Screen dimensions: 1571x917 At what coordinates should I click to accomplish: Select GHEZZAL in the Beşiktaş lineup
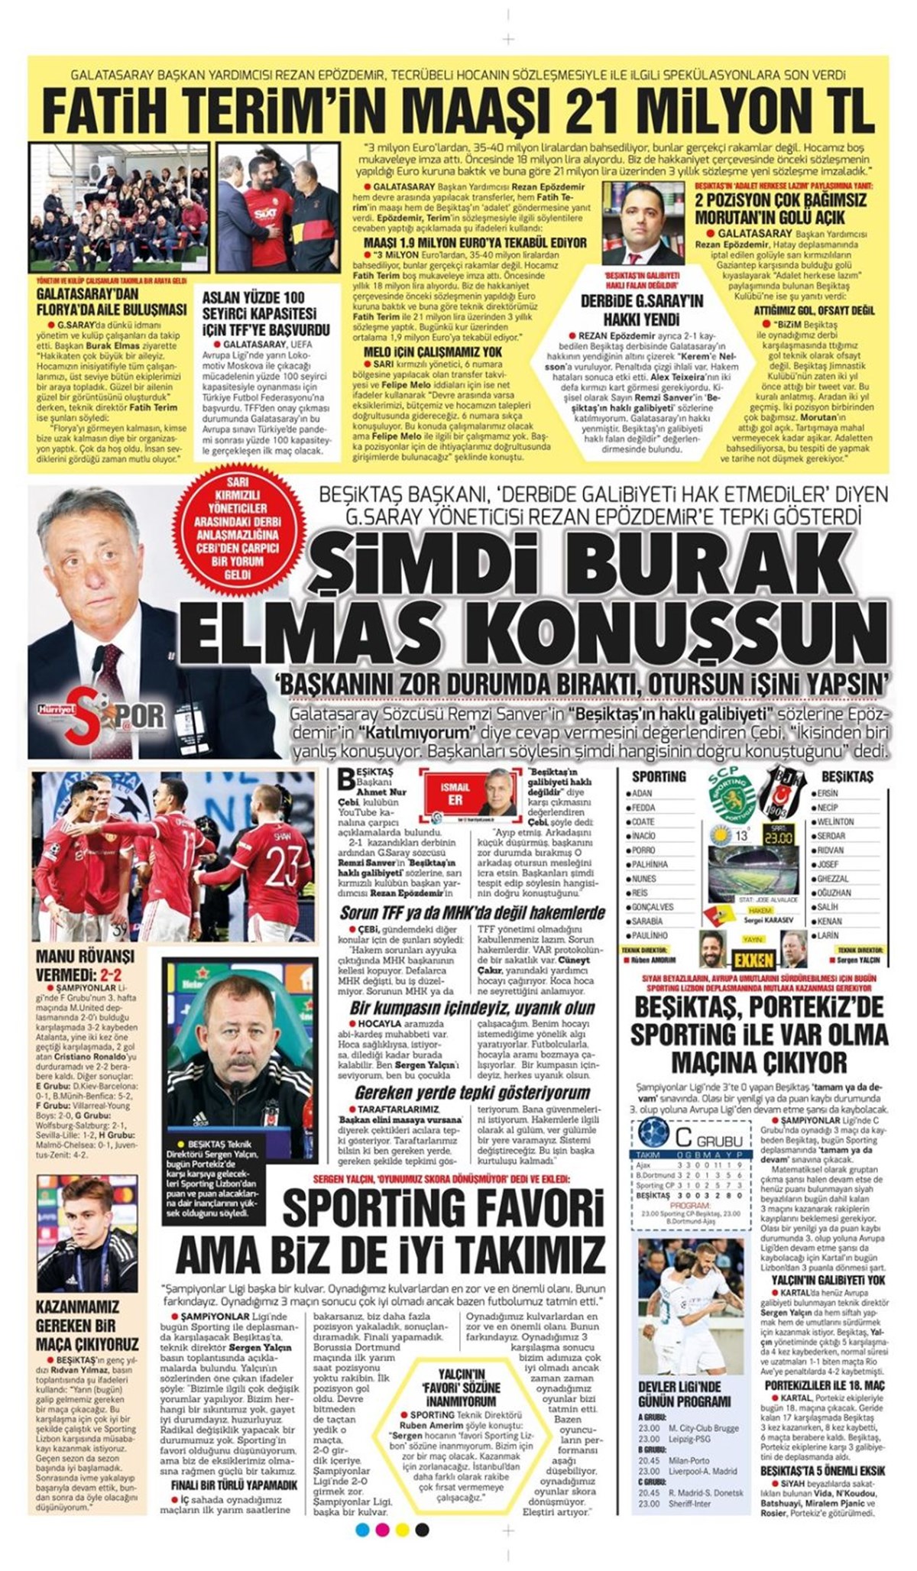[834, 879]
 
